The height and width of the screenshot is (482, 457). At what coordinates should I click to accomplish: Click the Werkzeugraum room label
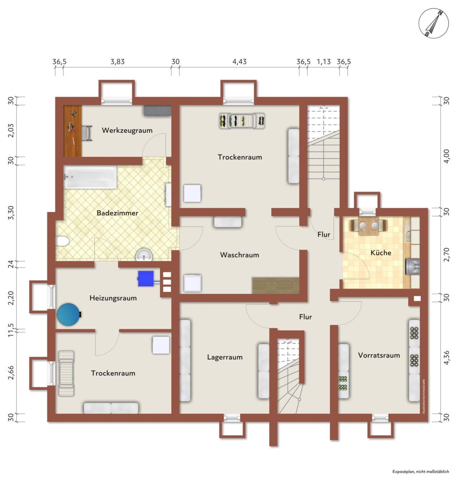(127, 130)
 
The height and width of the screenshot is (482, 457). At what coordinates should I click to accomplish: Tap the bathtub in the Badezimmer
(90, 177)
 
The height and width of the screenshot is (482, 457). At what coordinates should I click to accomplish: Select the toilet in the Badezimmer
(62, 241)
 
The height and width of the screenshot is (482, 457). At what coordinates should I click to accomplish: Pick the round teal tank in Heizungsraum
(69, 315)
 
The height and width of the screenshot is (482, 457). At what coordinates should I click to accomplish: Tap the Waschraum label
(239, 255)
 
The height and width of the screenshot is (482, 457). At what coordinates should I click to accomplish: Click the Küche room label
(381, 252)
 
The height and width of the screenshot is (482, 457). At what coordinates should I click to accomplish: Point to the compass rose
(433, 23)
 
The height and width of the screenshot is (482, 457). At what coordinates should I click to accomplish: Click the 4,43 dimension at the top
(239, 62)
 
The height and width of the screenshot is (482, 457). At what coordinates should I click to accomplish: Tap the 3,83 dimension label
(117, 62)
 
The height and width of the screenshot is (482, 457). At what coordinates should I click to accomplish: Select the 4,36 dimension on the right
(447, 358)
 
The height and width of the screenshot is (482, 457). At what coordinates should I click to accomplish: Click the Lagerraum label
(225, 357)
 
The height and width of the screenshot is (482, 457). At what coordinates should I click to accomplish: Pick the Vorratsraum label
(379, 355)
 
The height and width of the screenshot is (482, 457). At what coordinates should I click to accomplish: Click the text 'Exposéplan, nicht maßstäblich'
(421, 472)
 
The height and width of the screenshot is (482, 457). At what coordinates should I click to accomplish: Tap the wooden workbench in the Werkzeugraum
(72, 131)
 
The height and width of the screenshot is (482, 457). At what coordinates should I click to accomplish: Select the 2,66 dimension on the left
(11, 373)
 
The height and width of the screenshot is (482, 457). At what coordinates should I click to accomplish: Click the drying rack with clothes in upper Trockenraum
(242, 121)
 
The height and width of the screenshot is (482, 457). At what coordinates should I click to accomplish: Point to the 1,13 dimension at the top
(324, 62)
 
